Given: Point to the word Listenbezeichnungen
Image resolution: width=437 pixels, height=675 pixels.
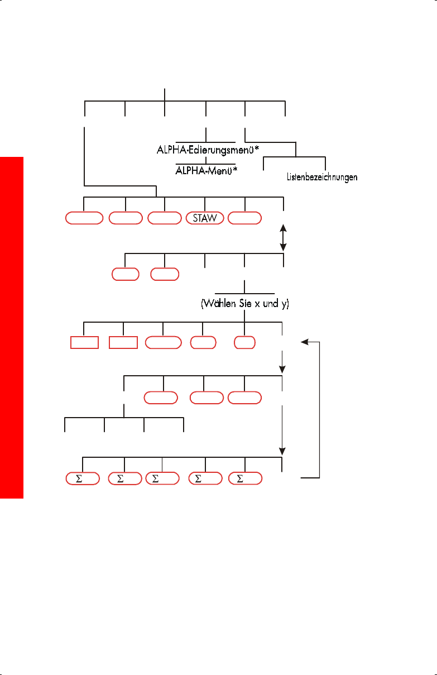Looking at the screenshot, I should coord(318,178).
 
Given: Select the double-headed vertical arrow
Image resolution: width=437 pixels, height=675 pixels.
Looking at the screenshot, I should coord(283,237).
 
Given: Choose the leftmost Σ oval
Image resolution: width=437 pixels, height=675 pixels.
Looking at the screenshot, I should coord(82,478).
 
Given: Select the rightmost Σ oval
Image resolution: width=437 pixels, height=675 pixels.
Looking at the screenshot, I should coord(245,478).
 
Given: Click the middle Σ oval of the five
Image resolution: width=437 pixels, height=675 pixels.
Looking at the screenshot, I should coord(162,478).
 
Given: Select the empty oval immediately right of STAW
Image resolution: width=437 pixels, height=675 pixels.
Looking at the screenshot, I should coord(245,218).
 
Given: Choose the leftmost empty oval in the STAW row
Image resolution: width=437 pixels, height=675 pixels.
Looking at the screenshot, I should coord(84,218).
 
